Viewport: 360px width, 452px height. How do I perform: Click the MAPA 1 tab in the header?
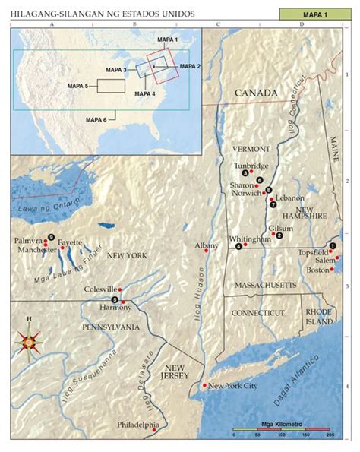[x=312, y=14]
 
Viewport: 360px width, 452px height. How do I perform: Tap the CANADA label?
[x=256, y=93]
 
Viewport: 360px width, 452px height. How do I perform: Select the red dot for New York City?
[x=203, y=385]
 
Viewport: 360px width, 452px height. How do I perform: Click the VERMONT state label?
[x=249, y=149]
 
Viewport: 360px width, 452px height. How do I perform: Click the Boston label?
[x=317, y=270]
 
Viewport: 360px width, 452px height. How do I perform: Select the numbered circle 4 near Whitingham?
[x=238, y=246]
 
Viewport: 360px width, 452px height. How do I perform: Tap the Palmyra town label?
[x=27, y=240]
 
